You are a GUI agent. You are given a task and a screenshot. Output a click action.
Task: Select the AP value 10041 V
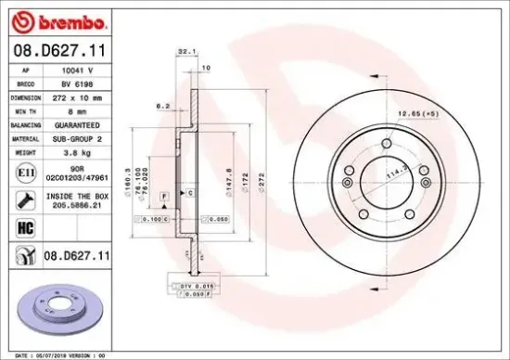[x=77, y=70]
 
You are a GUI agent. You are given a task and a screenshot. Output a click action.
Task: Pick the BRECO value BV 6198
[x=77, y=83]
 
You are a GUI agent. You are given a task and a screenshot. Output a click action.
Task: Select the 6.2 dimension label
[x=161, y=106]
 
